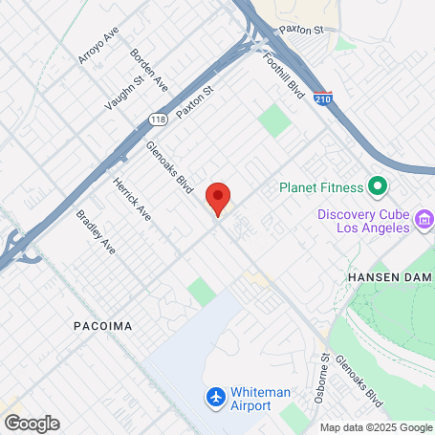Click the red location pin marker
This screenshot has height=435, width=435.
[x=218, y=198]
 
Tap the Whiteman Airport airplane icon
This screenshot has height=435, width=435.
[x=216, y=395]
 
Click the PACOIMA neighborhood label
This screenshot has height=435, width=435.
[x=101, y=326]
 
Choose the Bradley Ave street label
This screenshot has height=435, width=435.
[x=96, y=232]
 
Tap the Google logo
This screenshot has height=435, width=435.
[x=32, y=423]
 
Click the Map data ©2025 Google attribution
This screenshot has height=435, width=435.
[x=376, y=427]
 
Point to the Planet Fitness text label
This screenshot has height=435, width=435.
[x=321, y=187]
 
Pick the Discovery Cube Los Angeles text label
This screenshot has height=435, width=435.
[x=363, y=221]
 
